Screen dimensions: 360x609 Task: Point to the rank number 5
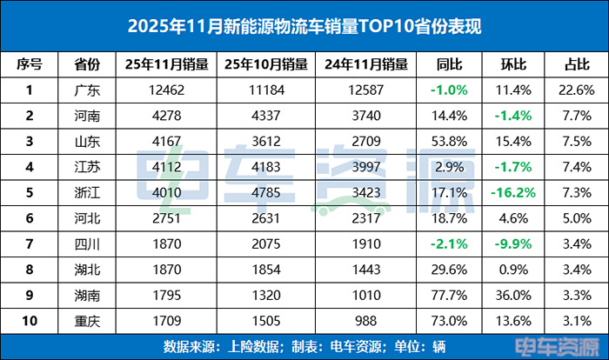(x=29, y=190)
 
